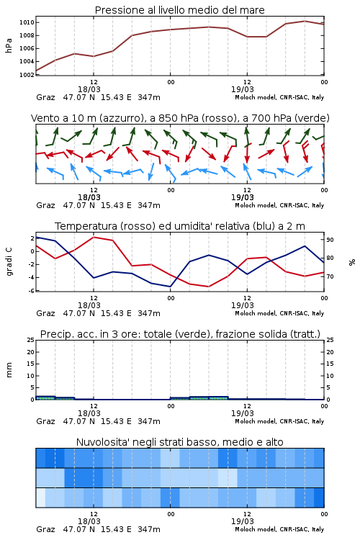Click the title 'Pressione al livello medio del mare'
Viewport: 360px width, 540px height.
click(179, 10)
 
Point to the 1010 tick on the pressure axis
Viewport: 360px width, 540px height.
click(27, 23)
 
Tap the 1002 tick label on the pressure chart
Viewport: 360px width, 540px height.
click(27, 75)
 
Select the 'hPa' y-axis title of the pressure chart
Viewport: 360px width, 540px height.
click(9, 45)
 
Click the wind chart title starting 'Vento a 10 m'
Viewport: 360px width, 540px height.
click(180, 118)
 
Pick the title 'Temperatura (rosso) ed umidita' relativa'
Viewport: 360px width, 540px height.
click(180, 226)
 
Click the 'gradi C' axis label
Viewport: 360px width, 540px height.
click(9, 261)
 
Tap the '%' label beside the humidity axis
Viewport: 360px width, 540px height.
click(352, 262)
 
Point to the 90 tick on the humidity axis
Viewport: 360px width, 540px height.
click(330, 240)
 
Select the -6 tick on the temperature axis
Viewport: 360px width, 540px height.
click(31, 291)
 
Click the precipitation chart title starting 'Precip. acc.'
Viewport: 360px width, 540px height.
click(180, 334)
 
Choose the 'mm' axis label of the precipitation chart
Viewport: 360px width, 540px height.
click(9, 370)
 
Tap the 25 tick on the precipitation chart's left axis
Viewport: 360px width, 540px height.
click(31, 340)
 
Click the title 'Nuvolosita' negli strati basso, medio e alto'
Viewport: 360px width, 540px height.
click(179, 442)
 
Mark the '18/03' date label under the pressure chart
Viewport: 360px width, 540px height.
click(89, 89)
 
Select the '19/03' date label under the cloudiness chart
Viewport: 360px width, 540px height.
click(243, 521)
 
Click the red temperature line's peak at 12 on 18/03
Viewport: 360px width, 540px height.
click(94, 237)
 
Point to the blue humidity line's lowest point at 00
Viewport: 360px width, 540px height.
click(170, 287)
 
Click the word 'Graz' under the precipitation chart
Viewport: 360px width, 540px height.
click(45, 421)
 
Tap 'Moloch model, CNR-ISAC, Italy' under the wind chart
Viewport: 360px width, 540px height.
click(279, 205)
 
